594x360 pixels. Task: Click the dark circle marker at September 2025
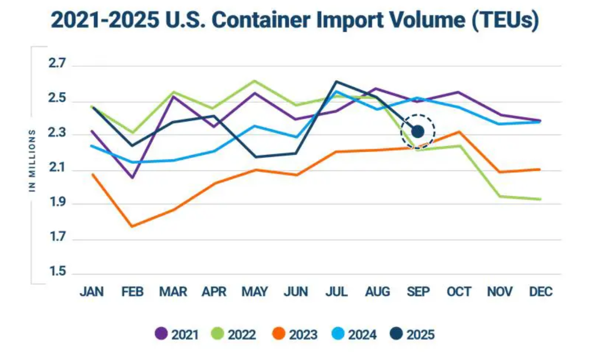pos(417,131)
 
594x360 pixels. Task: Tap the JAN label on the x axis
pos(92,291)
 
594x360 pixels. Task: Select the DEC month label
pos(541,291)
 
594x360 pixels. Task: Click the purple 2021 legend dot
pos(161,334)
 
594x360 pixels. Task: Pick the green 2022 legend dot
pos(219,334)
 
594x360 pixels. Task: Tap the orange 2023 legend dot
pos(280,334)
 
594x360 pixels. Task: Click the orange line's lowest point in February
pos(132,226)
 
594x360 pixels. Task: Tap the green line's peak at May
pos(254,81)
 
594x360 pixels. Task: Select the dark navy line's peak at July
pos(336,82)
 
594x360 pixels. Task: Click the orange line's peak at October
pos(459,132)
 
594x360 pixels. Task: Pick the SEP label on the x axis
pos(418,291)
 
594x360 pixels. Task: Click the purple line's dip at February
pos(132,178)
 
